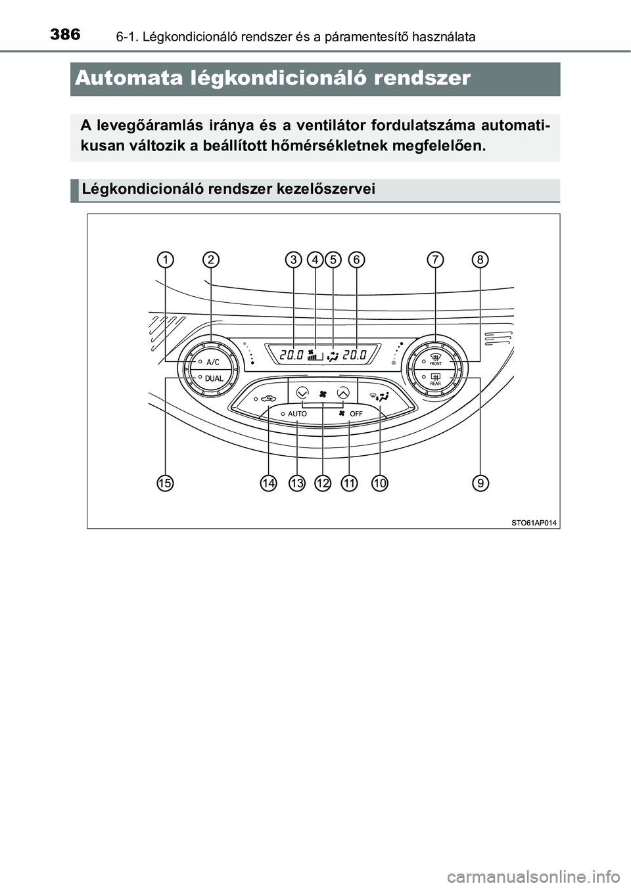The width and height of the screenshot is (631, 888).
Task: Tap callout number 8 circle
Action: pos(480,260)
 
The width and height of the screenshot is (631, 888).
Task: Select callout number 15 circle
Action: pos(165,483)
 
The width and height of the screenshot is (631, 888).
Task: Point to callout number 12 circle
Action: pos(323,483)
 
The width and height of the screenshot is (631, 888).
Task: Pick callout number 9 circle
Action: pos(480,483)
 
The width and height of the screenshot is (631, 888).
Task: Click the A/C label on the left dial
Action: pos(212,362)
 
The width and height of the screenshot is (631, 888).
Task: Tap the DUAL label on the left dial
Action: pos(214,378)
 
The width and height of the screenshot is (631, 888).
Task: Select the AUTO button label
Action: pos(298,414)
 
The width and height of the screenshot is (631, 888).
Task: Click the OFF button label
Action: pos(356,414)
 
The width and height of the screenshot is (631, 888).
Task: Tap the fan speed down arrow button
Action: pos(302,393)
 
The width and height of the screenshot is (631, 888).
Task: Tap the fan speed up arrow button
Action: pos(342,393)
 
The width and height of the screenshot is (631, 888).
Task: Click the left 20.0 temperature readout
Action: pos(291,355)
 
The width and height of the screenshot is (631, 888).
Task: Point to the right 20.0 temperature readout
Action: pos(354,355)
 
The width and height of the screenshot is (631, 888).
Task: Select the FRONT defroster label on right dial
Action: pos(436,363)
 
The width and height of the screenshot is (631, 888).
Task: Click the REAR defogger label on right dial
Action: pos(436,384)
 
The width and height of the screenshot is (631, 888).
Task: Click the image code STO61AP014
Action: pos(534,523)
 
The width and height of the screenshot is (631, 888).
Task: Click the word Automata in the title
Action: pos(129,78)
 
